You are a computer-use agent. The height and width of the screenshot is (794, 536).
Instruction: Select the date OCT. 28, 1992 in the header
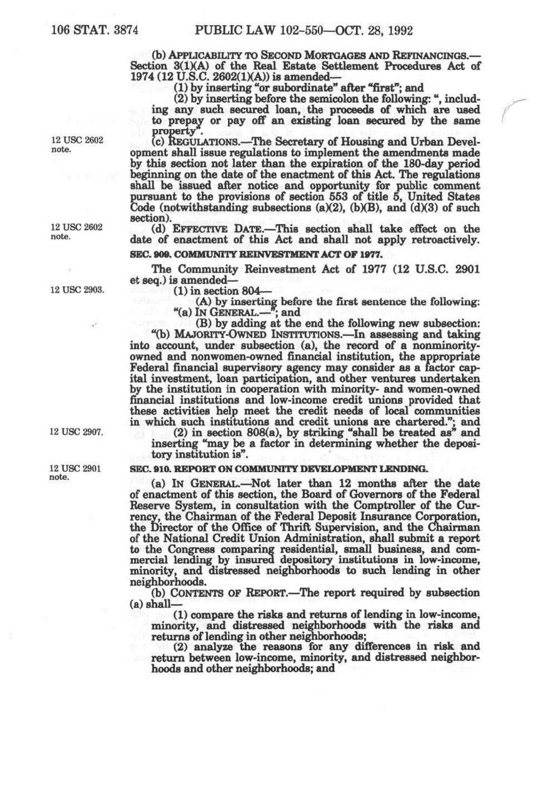tap(373, 30)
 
